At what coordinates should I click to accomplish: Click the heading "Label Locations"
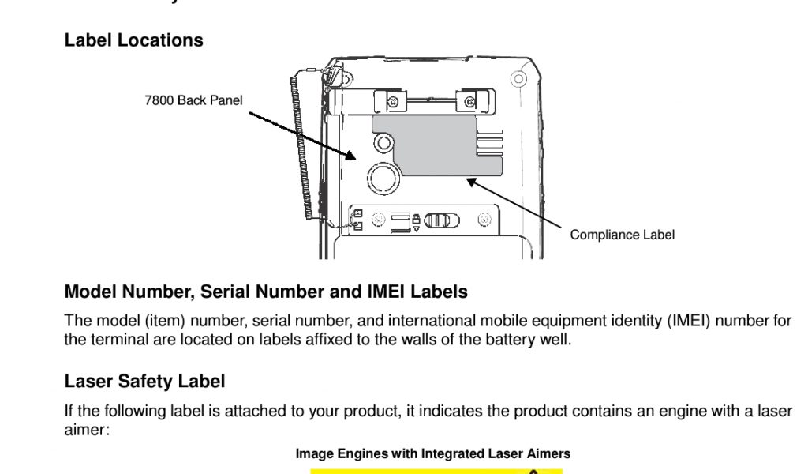point(133,40)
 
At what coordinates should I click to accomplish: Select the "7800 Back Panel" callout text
point(193,100)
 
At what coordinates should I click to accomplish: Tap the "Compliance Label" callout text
point(622,235)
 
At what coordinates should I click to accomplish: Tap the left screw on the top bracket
point(391,100)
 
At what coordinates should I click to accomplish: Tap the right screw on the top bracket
point(470,100)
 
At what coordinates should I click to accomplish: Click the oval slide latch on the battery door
point(441,220)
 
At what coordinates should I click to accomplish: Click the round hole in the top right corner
point(518,78)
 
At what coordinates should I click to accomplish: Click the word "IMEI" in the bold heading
point(386,292)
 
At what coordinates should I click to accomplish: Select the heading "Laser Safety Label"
point(144,382)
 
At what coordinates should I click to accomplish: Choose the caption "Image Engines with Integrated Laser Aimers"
point(432,453)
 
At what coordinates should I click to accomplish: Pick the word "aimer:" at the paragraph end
point(84,430)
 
